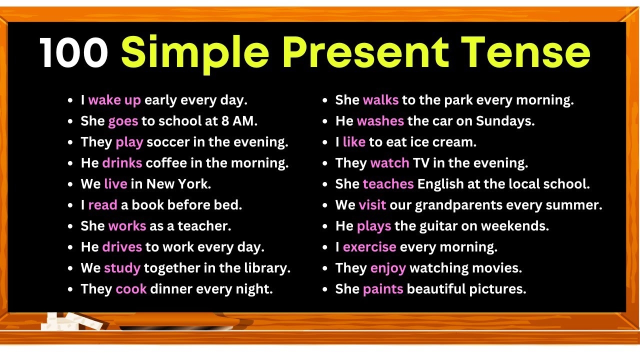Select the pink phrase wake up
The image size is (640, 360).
coord(114,100)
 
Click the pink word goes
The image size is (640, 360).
coord(122,121)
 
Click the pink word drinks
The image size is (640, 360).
coord(122,163)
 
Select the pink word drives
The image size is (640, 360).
coord(122,247)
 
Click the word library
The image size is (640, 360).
coord(268,268)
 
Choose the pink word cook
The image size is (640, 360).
coord(130,289)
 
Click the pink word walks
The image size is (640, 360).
coord(380,100)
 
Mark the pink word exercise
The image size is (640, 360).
coord(369,247)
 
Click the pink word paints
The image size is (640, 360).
coord(383,289)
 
